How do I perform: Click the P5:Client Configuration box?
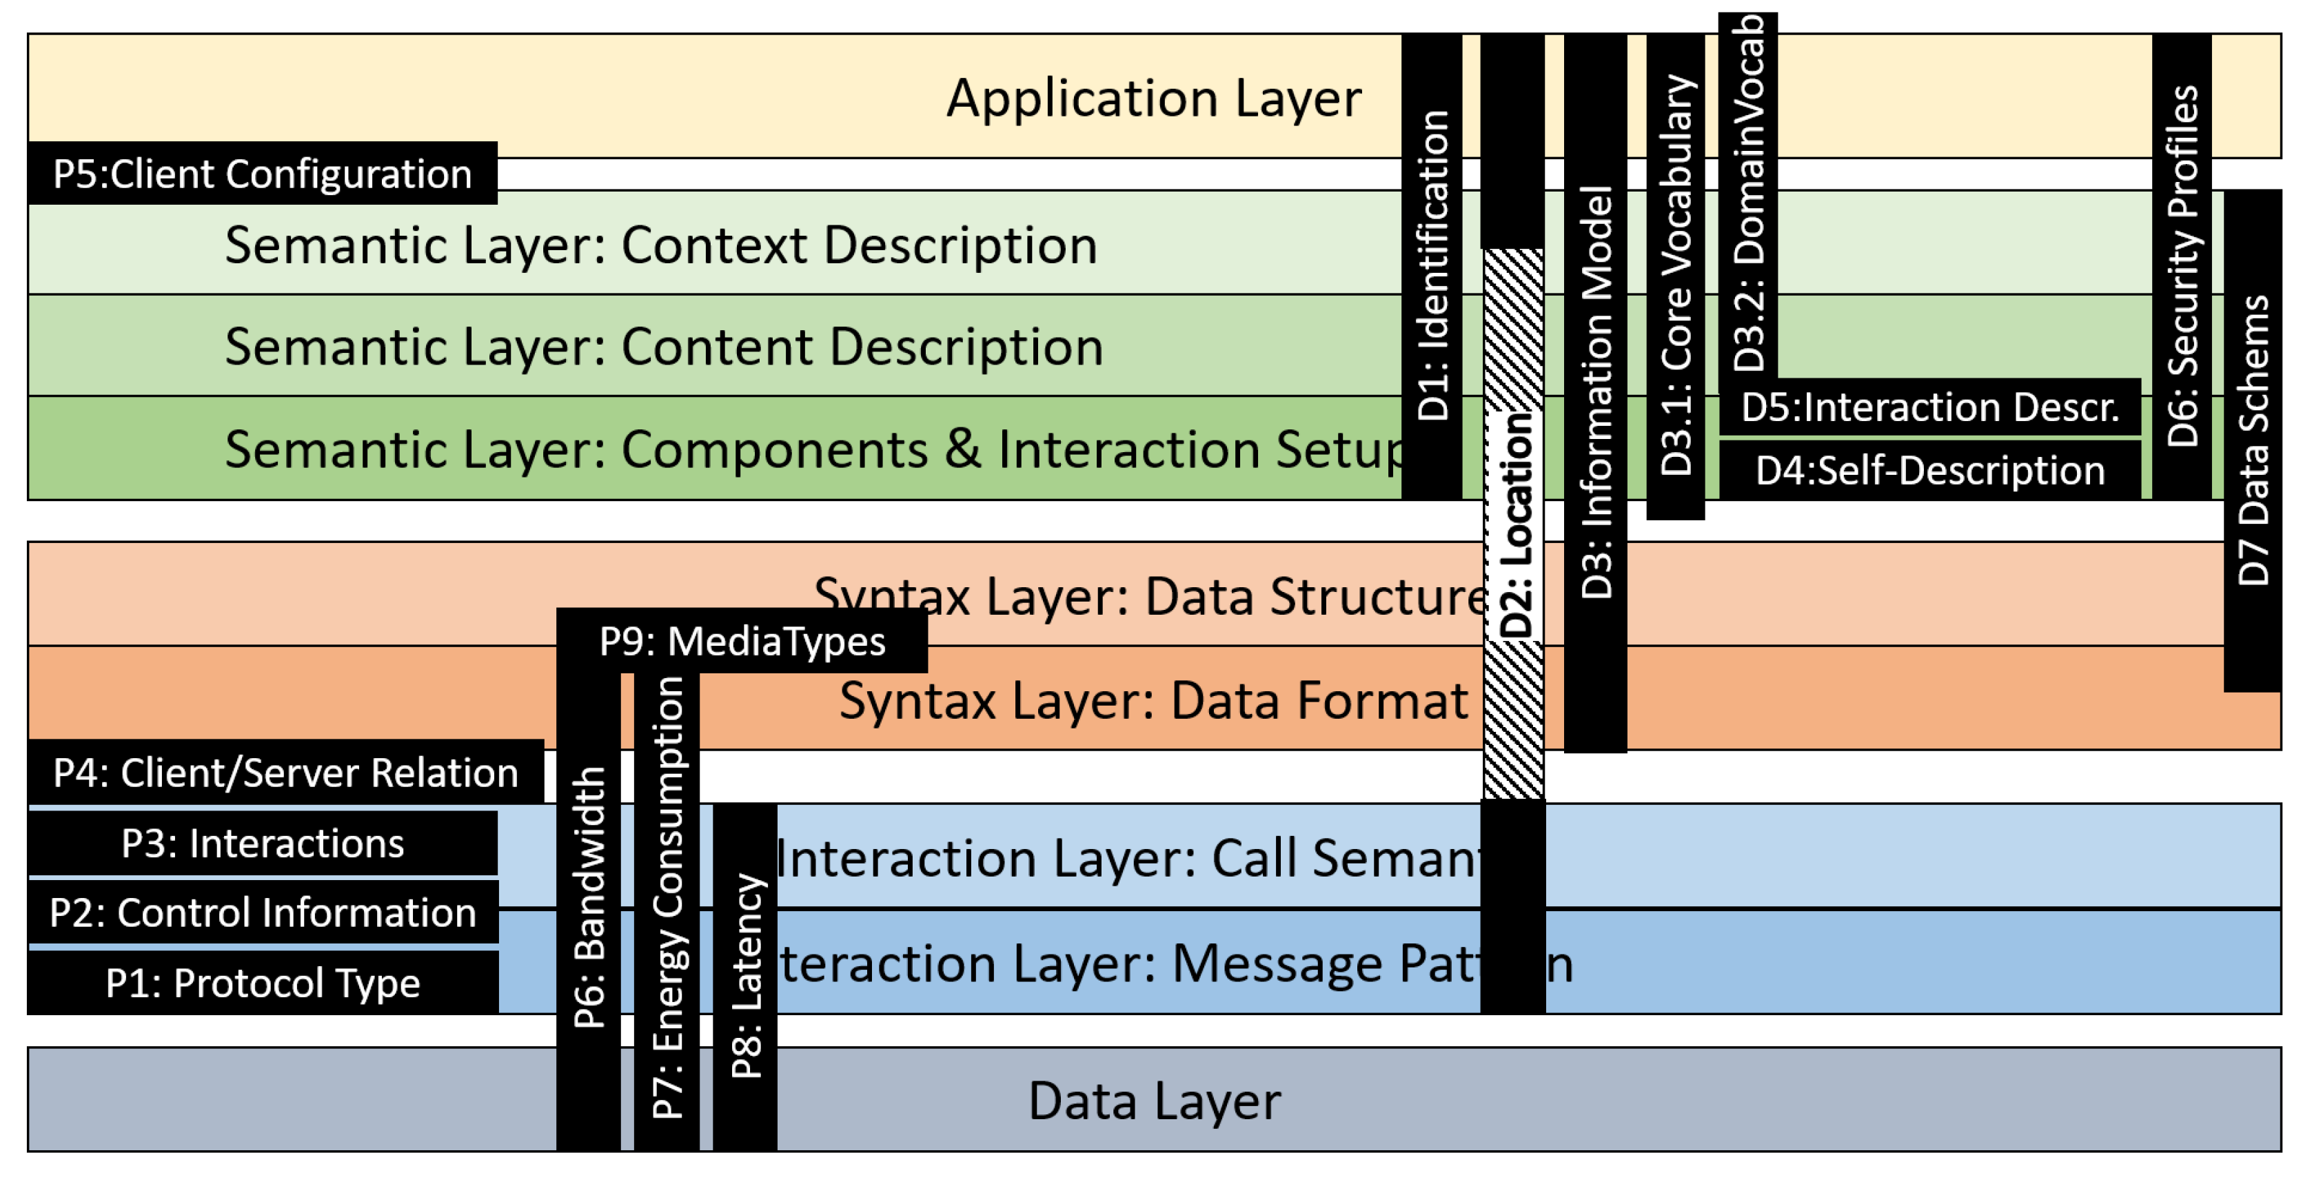pos(262,173)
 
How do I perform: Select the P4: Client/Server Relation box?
pos(285,772)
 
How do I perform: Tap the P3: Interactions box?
pos(262,843)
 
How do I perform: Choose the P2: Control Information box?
pos(262,912)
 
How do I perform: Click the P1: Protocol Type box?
pos(262,982)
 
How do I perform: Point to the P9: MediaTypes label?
pos(741,641)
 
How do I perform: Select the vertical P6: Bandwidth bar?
pos(589,898)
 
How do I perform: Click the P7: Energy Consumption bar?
pos(667,898)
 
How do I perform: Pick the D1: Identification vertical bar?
pos(1432,266)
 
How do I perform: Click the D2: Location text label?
pos(1515,525)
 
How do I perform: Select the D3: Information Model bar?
pos(1595,392)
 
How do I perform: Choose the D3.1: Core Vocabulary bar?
pos(1675,275)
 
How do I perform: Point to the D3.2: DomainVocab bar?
pos(1747,193)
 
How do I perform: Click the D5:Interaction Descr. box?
pos(1929,407)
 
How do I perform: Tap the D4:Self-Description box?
pos(1929,469)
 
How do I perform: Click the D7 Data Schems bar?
pos(2252,440)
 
